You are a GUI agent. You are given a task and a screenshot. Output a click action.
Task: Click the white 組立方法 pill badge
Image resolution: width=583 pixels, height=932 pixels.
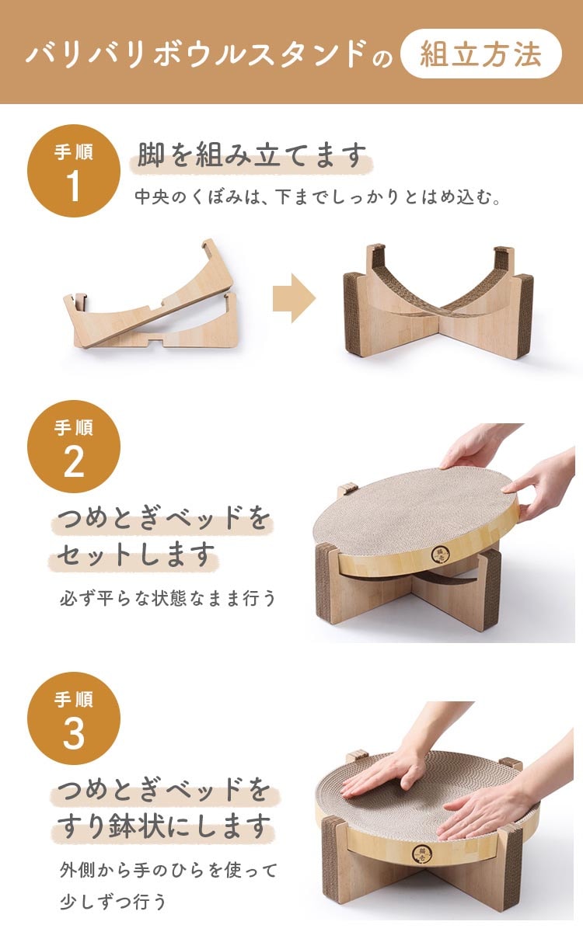point(480,54)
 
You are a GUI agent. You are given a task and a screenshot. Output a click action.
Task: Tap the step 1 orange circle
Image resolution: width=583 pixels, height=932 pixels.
point(74,171)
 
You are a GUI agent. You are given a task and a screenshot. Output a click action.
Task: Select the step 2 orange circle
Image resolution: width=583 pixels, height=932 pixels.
point(74,447)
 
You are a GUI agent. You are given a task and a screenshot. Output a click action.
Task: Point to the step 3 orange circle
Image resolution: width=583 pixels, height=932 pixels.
point(74,718)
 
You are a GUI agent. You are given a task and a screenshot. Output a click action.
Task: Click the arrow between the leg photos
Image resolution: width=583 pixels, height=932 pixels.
point(294,298)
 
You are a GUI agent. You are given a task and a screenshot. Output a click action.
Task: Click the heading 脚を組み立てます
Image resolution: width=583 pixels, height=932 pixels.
point(252,155)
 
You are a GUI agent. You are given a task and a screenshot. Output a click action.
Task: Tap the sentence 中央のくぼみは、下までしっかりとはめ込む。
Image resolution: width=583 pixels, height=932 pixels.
point(317,196)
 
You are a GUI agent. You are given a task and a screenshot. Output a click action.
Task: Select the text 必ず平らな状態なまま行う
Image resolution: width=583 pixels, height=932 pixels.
point(167,599)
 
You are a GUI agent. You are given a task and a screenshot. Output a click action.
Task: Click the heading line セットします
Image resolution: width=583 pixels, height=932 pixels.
point(136,555)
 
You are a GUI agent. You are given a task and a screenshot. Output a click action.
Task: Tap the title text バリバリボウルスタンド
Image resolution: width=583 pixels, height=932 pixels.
point(196,54)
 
